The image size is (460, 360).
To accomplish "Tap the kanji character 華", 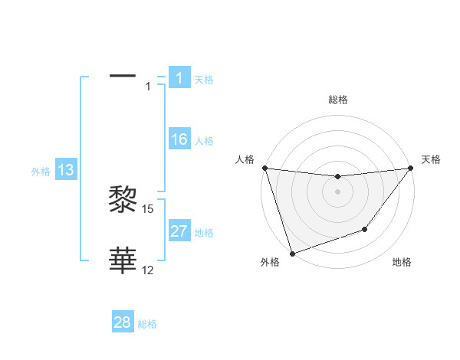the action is [123, 260].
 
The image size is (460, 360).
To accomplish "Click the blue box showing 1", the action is [179, 78].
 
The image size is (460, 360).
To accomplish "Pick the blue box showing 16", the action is [179, 139].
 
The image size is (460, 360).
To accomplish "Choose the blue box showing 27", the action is [179, 231].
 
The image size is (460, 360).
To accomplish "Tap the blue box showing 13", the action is [66, 170].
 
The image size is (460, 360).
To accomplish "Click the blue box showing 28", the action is [123, 322].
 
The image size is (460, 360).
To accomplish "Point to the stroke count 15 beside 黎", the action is [149, 208].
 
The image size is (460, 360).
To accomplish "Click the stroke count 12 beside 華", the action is [149, 270].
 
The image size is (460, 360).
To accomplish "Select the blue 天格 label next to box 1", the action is [204, 80].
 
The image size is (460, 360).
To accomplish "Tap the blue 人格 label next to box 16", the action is [204, 141].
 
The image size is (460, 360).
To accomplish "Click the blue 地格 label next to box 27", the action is [204, 233].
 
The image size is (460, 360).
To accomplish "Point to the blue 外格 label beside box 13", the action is [41, 172].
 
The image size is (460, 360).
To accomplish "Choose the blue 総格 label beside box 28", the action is [147, 324].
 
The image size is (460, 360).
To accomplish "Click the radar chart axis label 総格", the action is [337, 100].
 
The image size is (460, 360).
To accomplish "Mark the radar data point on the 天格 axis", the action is [411, 169].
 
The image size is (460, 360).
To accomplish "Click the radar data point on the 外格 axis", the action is [292, 254].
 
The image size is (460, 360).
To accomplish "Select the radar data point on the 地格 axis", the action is [365, 229].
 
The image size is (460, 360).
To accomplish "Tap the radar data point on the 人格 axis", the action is [264, 168].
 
